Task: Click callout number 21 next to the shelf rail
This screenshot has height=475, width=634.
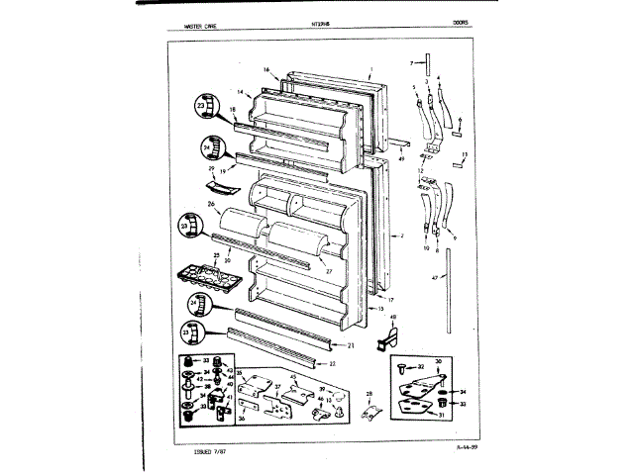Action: click(351, 345)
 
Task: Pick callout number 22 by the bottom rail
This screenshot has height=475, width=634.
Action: click(332, 363)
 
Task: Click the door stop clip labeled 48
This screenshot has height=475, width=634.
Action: click(388, 337)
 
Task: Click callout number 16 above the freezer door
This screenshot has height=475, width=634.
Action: click(267, 69)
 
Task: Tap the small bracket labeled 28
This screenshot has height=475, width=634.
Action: click(369, 411)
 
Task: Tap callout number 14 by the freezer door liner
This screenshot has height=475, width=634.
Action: click(240, 92)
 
